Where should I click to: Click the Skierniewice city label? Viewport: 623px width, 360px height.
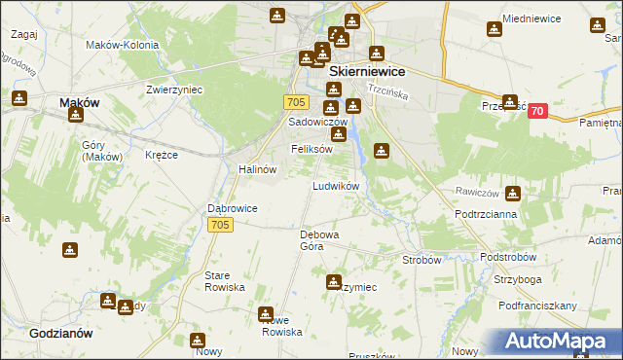click(367, 71)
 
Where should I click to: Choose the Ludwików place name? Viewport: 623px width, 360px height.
click(336, 185)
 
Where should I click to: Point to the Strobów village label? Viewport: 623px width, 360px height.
click(421, 260)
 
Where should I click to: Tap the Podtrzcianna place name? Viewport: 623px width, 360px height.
click(485, 213)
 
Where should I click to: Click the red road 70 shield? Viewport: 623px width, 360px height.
click(536, 113)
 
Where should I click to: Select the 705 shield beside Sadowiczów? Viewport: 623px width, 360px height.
click(298, 102)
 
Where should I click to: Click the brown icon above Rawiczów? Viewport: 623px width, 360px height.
click(512, 168)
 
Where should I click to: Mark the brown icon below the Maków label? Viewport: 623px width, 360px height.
click(76, 116)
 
